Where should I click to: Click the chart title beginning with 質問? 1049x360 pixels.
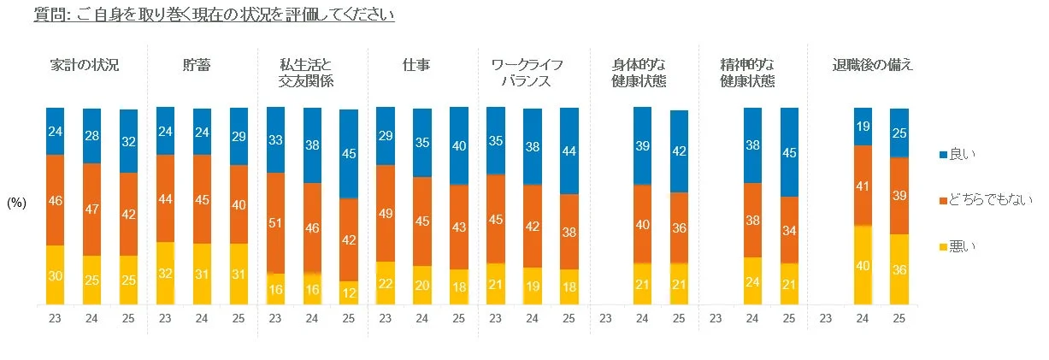pyautogui.click(x=215, y=15)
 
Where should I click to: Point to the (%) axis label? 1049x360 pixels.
pyautogui.click(x=17, y=203)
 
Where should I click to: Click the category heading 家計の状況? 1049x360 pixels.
pyautogui.click(x=85, y=65)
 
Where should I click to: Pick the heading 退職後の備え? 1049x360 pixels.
pyautogui.click(x=873, y=65)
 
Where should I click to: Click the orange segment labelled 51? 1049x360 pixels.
pyautogui.click(x=275, y=223)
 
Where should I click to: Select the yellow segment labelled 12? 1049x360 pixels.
pyautogui.click(x=349, y=292)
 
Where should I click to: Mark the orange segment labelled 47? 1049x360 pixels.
pyautogui.click(x=91, y=210)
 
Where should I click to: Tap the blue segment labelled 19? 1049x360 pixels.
pyautogui.click(x=863, y=127)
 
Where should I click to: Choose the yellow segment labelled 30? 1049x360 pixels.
pyautogui.click(x=56, y=274)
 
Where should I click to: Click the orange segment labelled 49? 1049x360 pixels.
pyautogui.click(x=386, y=213)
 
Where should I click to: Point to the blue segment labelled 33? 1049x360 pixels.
pyautogui.click(x=275, y=139)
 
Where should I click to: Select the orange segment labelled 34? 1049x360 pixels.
pyautogui.click(x=789, y=230)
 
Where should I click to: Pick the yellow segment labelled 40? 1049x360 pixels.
pyautogui.click(x=863, y=265)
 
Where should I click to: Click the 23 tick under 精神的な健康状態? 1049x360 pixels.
pyautogui.click(x=716, y=318)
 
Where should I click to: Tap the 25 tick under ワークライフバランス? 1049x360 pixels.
pyautogui.click(x=569, y=318)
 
